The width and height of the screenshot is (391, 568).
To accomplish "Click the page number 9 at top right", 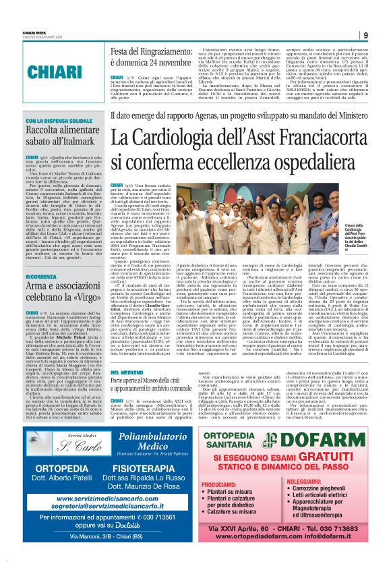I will (x=365, y=35).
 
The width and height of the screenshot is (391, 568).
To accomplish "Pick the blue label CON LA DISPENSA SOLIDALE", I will (x=60, y=121).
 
